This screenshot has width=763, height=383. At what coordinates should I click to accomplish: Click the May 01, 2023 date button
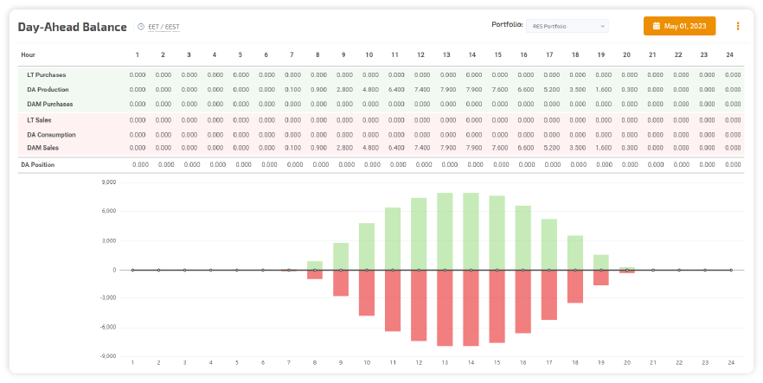679,26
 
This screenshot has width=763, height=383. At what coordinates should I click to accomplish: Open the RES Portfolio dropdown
567,26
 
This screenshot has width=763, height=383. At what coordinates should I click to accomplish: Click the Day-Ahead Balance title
72,27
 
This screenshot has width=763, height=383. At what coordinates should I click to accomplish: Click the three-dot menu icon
738,26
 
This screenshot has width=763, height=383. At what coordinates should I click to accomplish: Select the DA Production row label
48,90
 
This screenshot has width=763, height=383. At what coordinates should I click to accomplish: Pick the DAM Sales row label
43,148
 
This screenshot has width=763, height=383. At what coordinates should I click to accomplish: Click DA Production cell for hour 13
447,90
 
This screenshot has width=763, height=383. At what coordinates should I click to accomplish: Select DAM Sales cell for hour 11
395,148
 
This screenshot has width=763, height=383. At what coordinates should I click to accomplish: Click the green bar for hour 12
419,233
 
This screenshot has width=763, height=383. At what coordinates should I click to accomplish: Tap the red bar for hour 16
523,301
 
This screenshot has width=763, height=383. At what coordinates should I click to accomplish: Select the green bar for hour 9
341,256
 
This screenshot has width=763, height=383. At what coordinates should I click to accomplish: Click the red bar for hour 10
367,292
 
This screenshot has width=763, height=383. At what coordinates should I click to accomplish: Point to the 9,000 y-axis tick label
108,182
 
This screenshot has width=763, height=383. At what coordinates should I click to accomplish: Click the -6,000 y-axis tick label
107,327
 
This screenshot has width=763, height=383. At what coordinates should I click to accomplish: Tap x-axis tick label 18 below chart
575,362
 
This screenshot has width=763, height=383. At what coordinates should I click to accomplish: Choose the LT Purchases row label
46,75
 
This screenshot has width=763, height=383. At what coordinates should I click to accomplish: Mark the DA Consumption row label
51,135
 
